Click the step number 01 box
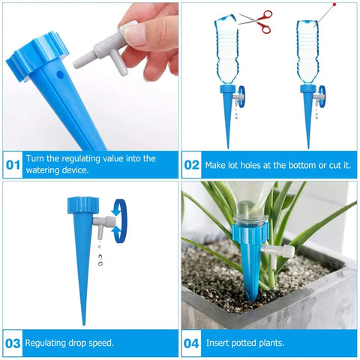tap(13, 165)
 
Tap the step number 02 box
tap(192, 165)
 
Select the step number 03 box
tap(13, 343)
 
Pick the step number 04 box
tap(192, 343)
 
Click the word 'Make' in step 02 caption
tap(216, 165)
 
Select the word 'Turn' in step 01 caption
tap(35, 159)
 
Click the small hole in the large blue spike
tap(59, 76)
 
